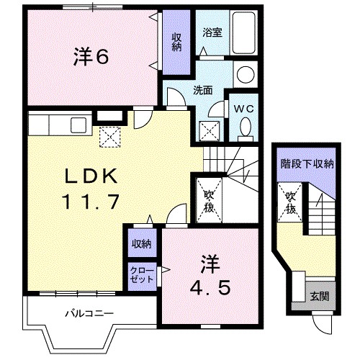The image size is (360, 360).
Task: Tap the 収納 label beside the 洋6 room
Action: (176, 42)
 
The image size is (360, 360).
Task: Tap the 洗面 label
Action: (202, 91)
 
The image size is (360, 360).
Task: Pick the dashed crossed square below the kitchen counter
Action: (109, 135)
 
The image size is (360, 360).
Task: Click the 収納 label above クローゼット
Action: (141, 243)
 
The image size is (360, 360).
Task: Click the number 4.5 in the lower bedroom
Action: (210, 289)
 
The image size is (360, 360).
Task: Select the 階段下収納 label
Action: (307, 163)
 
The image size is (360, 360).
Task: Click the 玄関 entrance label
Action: (319, 295)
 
